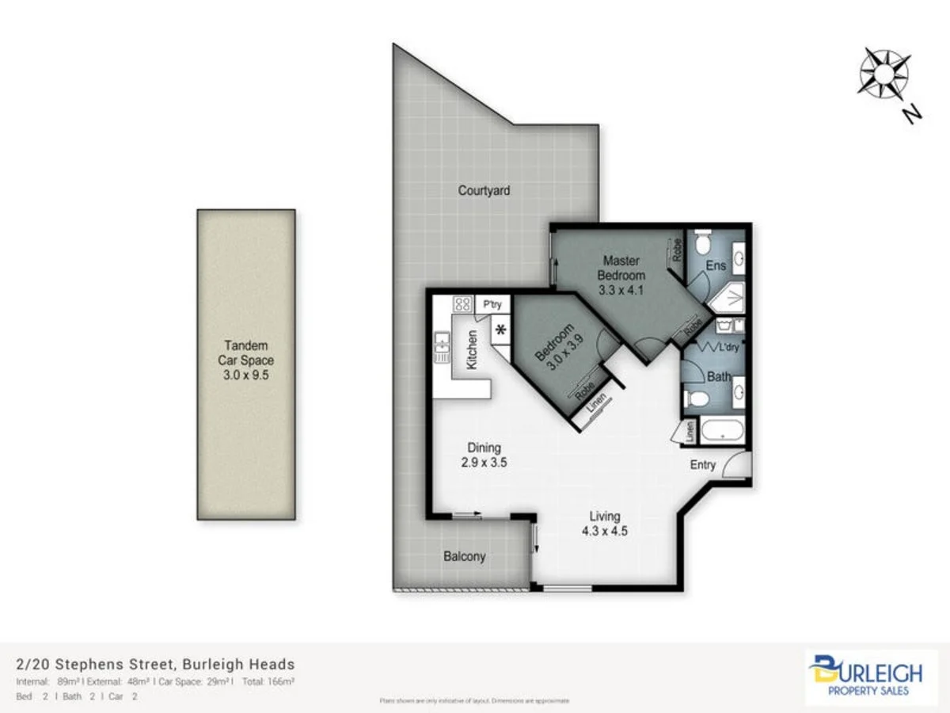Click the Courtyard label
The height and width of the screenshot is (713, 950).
[x=484, y=191]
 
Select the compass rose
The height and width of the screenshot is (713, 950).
[x=883, y=73]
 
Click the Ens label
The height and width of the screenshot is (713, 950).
[x=716, y=265]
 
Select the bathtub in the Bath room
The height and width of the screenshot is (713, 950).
[x=722, y=432]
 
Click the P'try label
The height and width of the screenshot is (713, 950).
[x=492, y=304]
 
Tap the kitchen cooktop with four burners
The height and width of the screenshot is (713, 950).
[x=462, y=303]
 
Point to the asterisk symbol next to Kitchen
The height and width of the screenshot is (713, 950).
[x=500, y=330]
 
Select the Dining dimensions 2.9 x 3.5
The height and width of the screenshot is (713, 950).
[x=483, y=463]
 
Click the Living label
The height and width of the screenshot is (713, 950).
[x=604, y=517]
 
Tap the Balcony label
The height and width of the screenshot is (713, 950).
[x=464, y=556]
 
